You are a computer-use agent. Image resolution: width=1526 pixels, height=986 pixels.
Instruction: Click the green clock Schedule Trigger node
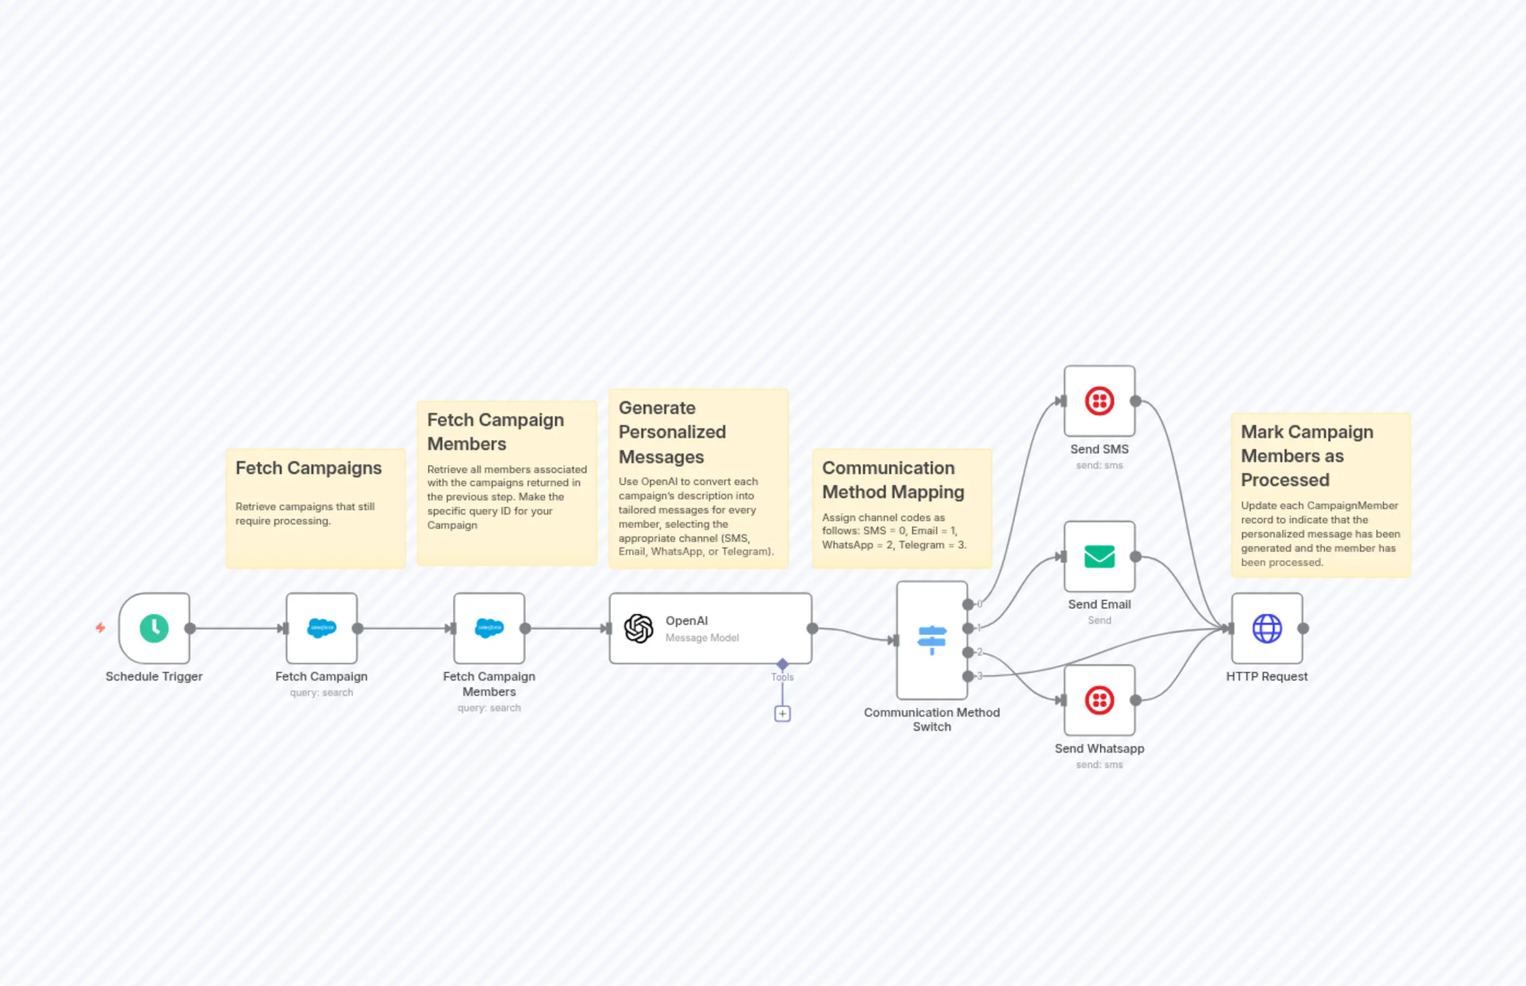(x=154, y=628)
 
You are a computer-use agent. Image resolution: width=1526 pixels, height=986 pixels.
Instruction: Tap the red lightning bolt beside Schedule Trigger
(x=100, y=628)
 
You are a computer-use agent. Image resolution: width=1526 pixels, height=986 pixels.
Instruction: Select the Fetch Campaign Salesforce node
(x=321, y=628)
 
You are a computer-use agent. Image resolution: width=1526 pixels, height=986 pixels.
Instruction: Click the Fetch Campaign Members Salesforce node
(x=489, y=628)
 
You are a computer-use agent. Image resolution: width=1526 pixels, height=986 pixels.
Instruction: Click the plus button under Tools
(x=782, y=713)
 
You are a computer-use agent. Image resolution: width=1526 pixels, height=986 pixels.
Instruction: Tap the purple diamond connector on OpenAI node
(x=782, y=663)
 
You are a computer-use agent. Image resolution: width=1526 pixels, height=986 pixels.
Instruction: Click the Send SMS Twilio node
(x=1099, y=402)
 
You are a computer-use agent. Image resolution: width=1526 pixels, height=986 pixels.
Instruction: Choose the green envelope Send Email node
(x=1099, y=557)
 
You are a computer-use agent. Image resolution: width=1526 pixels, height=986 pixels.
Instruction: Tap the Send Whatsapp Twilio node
(x=1099, y=700)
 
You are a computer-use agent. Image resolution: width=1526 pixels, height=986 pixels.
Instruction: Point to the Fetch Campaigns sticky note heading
(x=309, y=468)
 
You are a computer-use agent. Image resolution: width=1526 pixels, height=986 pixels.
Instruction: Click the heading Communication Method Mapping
(x=893, y=480)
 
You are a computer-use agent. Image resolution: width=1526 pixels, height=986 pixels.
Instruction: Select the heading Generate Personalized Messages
(x=672, y=432)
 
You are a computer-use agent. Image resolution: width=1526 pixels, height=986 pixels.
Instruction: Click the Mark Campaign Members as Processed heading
(x=1306, y=456)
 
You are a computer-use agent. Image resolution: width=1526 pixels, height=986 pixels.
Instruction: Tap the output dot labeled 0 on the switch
(x=968, y=604)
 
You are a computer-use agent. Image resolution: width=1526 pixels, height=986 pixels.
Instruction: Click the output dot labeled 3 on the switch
(x=968, y=676)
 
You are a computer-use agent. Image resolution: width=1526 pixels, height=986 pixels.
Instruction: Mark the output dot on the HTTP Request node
(x=1303, y=628)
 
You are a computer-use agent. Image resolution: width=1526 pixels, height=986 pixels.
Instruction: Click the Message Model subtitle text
(x=701, y=637)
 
